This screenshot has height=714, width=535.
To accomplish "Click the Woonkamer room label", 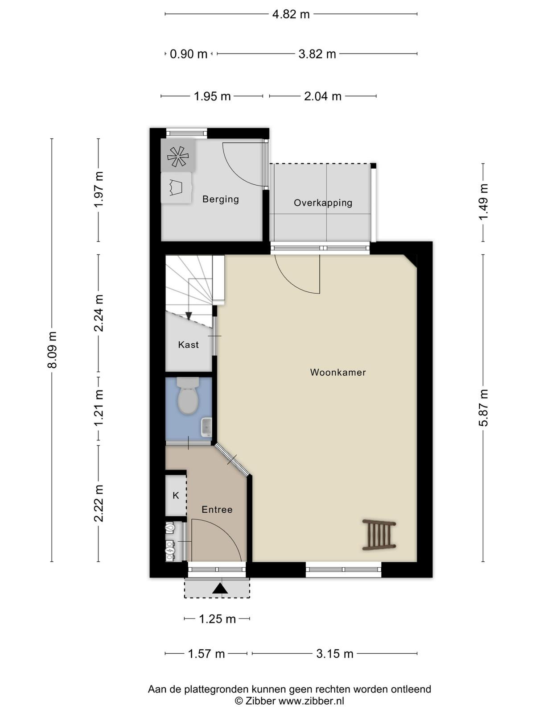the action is pos(338,373).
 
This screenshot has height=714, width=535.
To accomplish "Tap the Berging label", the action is pos(221,199).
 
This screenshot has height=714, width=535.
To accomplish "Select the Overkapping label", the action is pos(323,203).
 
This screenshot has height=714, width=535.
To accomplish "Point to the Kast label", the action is pos(189,345).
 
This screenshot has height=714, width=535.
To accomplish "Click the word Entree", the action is pos(217,510).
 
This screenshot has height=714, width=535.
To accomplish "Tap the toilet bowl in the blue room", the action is pos(188,395).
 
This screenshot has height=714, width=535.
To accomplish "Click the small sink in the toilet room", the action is pos(206,427).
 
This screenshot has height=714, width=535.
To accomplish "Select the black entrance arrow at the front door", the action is pos(220,589).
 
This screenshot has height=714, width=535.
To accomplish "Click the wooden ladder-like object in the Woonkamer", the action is pos(379,535).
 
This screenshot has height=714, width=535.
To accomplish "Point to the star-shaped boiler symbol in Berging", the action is pos(178,157).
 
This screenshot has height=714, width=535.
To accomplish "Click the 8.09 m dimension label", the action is pos(52,350).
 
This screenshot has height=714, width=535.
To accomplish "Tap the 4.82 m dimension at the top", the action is pos(291,14).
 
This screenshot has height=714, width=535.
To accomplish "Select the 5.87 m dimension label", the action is pos(483,407).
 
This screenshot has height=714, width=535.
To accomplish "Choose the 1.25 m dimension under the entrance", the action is pos(217,619).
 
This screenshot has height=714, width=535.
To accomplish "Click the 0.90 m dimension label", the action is pos(189,54).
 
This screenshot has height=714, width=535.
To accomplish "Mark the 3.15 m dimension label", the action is pos(334,653).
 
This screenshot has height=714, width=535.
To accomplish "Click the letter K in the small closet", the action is pos(176,495).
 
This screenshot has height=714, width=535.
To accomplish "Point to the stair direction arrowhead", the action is pos(189,316).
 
